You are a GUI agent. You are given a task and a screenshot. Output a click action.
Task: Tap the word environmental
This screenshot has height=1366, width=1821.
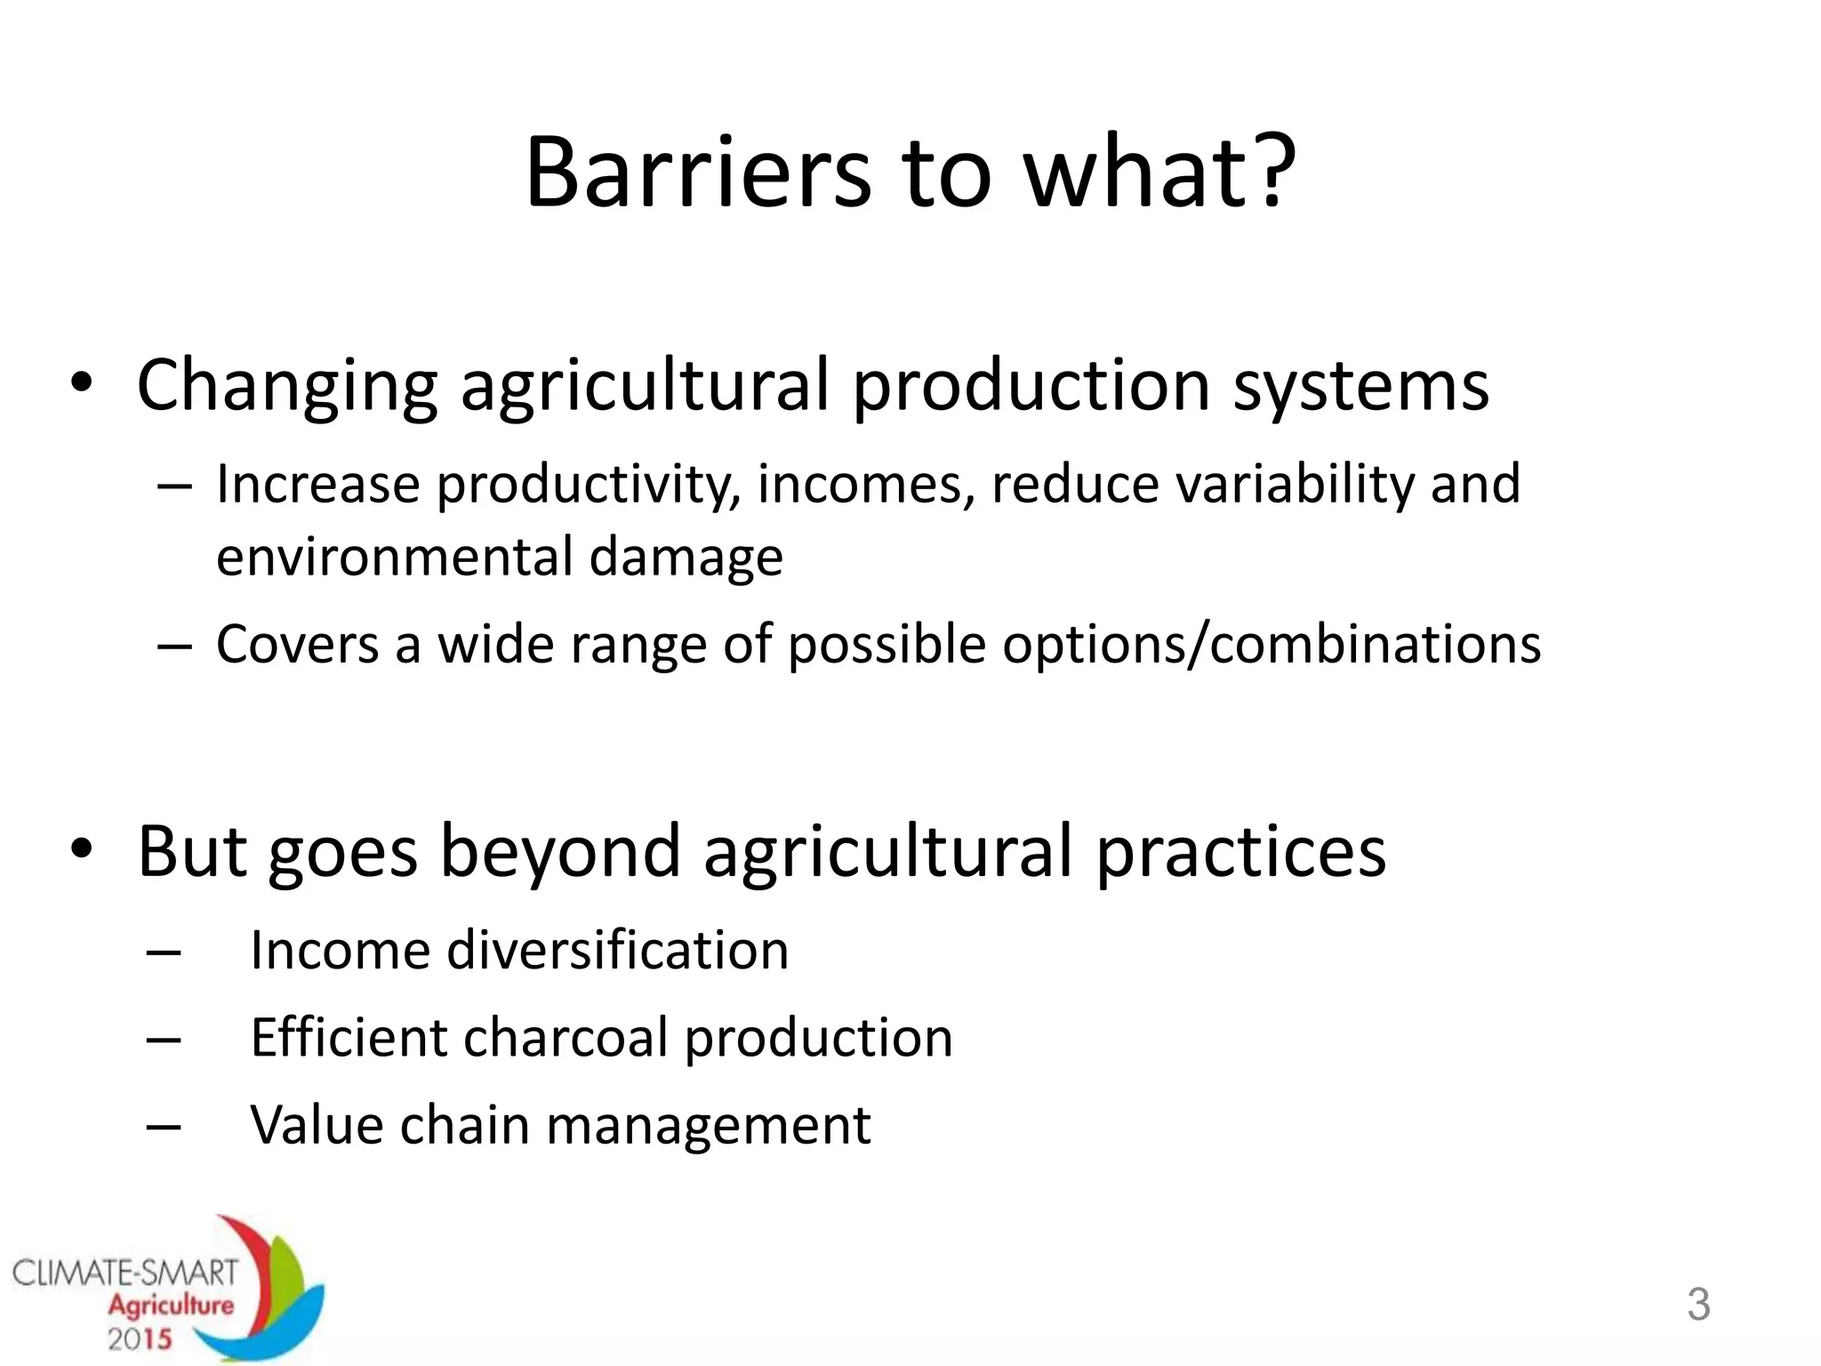(395, 558)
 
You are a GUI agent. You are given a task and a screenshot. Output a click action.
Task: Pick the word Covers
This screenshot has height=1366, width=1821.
(298, 645)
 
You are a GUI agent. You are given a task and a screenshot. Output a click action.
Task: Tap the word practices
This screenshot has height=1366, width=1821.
(1240, 853)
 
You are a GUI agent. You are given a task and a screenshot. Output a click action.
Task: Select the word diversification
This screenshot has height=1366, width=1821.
(617, 951)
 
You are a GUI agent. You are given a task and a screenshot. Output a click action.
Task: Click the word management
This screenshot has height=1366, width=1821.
(708, 1126)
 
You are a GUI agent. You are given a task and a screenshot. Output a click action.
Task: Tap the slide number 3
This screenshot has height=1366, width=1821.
(1698, 1305)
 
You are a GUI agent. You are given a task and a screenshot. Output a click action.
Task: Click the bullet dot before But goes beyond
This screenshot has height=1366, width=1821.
(82, 849)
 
